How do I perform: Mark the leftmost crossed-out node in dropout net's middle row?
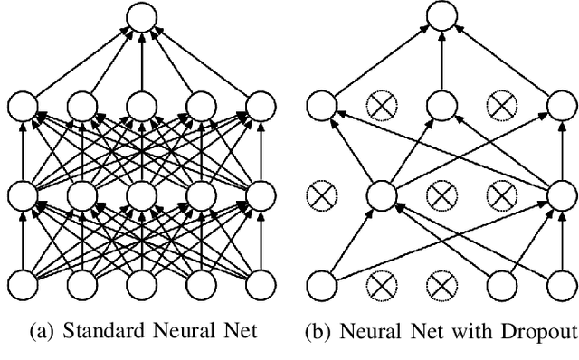320,194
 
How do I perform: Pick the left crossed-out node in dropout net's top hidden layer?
381,107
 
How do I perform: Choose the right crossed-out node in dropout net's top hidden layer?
499,107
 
